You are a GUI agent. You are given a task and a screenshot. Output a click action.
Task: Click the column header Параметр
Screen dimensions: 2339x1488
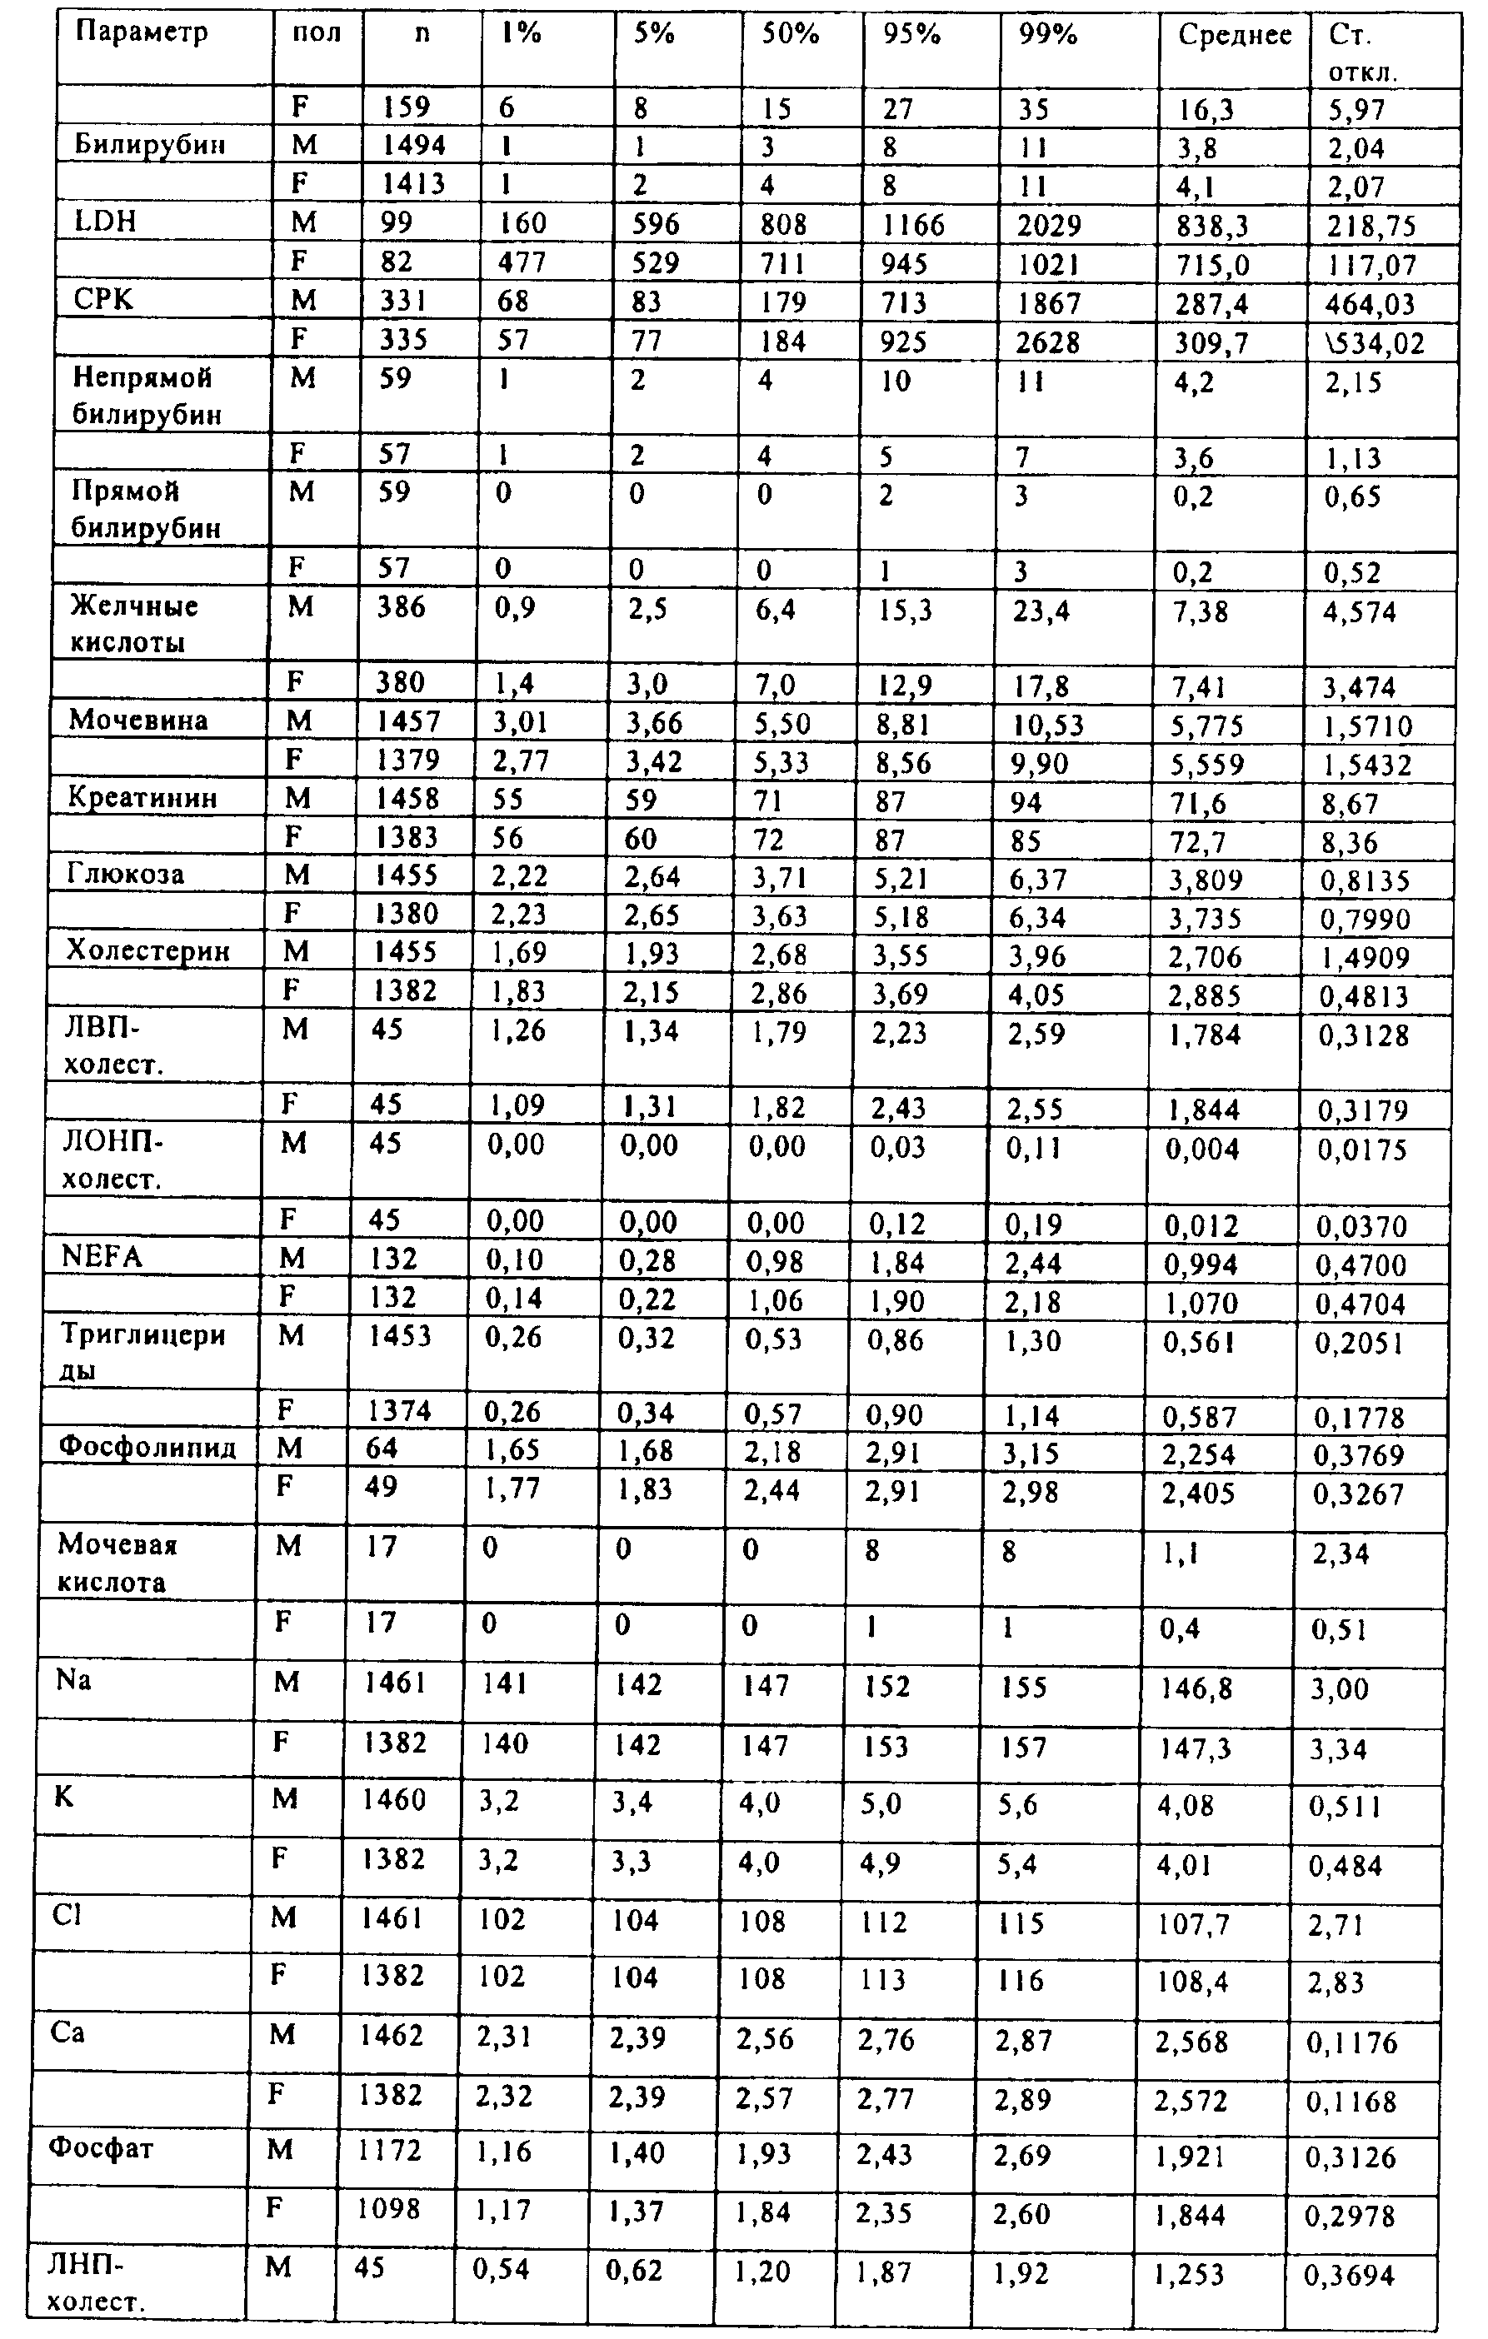pyautogui.click(x=142, y=33)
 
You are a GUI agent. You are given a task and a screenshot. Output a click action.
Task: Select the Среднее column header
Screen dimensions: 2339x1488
pyautogui.click(x=1235, y=36)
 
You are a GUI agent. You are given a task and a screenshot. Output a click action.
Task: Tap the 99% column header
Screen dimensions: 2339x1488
pyautogui.click(x=1048, y=35)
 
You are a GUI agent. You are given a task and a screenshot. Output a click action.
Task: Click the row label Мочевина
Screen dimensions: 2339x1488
pyautogui.click(x=138, y=721)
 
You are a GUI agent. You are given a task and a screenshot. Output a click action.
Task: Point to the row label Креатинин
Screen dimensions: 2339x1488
pyautogui.click(x=142, y=799)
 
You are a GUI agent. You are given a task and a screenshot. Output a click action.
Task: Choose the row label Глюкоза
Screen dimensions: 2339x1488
pyautogui.click(x=125, y=875)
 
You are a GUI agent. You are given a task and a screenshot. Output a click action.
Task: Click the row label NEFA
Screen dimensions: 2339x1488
pyautogui.click(x=101, y=1257)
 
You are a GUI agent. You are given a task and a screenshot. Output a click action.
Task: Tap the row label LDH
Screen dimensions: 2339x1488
pyautogui.click(x=105, y=222)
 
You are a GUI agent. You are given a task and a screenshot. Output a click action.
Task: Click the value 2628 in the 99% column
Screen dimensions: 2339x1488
pyautogui.click(x=1049, y=342)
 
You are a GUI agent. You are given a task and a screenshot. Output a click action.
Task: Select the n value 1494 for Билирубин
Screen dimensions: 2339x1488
pyautogui.click(x=414, y=146)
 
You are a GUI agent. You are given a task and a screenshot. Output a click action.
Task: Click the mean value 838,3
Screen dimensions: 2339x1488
pyautogui.click(x=1212, y=227)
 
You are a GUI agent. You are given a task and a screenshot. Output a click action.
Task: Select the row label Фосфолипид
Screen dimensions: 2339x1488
pyautogui.click(x=147, y=1449)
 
